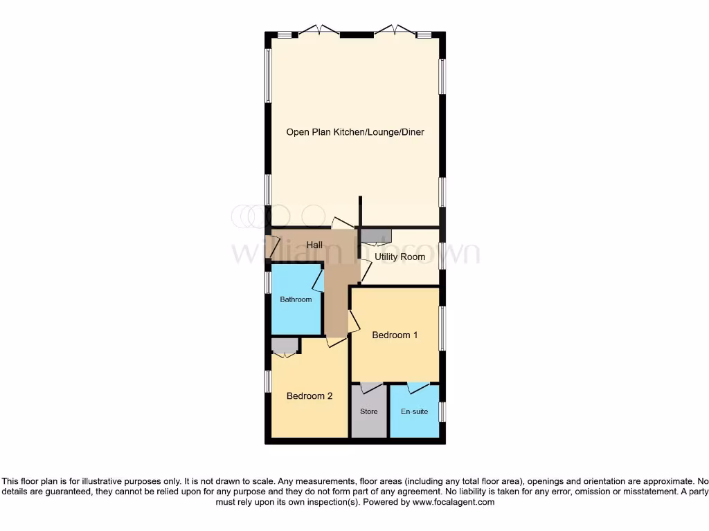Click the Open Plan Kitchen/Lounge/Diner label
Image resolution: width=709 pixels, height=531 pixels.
[355, 132]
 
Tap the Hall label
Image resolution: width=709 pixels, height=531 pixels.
[315, 245]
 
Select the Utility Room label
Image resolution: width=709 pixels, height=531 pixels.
[400, 257]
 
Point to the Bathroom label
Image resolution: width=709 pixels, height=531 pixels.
[296, 299]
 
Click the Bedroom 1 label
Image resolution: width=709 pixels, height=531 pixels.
[395, 335]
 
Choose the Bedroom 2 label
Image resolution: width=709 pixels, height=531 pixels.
[309, 396]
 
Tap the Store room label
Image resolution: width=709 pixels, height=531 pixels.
[369, 412]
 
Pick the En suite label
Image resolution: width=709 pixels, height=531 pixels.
[414, 412]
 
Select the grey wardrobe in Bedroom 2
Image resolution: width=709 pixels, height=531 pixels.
[284, 345]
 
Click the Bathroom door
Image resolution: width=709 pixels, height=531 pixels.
[318, 280]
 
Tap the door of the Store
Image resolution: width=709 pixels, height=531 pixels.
[371, 388]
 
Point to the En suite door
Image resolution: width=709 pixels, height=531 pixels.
[418, 388]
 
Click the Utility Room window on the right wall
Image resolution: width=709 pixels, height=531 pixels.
[442, 255]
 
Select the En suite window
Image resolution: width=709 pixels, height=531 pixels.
[442, 411]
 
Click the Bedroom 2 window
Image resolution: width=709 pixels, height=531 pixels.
[268, 382]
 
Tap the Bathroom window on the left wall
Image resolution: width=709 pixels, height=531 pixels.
[268, 283]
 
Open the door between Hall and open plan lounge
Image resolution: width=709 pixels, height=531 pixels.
[342, 223]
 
